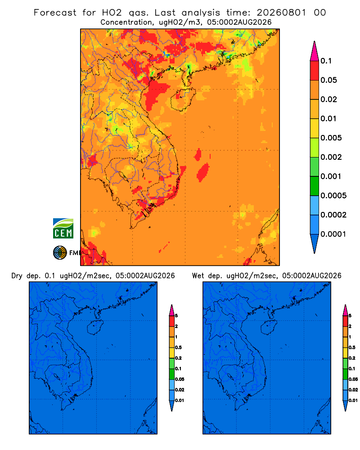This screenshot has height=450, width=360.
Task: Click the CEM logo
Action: coord(63,228)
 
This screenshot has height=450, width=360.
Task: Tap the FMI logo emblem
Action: coord(60,252)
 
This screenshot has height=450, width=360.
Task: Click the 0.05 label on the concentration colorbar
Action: coord(328,80)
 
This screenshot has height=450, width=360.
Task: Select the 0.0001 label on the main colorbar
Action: coord(333,234)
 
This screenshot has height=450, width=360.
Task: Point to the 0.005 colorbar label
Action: coord(331,138)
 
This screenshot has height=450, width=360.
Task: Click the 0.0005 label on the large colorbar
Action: coord(333,196)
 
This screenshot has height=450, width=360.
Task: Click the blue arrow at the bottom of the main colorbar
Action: coord(315,243)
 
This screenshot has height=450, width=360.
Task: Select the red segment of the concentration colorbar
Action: coord(315,70)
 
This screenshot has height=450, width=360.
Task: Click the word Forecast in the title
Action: coord(55,13)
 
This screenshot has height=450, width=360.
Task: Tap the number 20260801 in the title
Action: coord(281,13)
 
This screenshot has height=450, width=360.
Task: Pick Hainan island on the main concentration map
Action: coord(183,99)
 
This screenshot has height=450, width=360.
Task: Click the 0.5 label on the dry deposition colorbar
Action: coord(178,347)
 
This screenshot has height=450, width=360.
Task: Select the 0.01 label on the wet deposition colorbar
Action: coord(353,400)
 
